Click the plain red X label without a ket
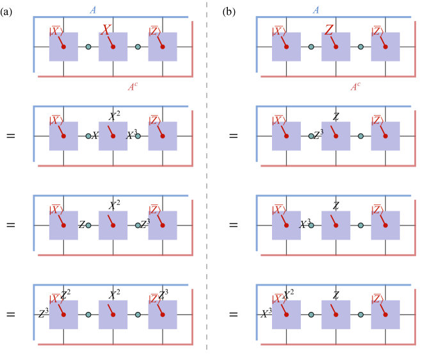pyautogui.click(x=106, y=29)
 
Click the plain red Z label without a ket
pyautogui.click(x=329, y=29)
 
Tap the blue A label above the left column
pyautogui.click(x=93, y=10)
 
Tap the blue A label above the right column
pyautogui.click(x=316, y=10)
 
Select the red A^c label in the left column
pyautogui.click(x=132, y=86)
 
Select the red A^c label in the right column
pyautogui.click(x=355, y=86)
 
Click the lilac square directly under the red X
pyautogui.click(x=113, y=47)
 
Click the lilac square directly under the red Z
pyautogui.click(x=336, y=47)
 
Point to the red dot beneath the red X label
pyautogui.click(x=113, y=47)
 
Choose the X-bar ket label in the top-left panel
pyautogui.click(x=56, y=31)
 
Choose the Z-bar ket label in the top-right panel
pyautogui.click(x=378, y=31)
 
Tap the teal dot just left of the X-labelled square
pyautogui.click(x=88, y=47)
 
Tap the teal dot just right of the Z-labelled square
pyautogui.click(x=361, y=47)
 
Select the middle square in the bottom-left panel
pyautogui.click(x=113, y=315)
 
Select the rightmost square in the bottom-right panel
pyautogui.click(x=385, y=315)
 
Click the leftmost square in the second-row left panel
pyautogui.click(x=63, y=136)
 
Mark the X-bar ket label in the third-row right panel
pyautogui.click(x=278, y=209)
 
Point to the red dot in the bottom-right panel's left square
pyautogui.click(x=286, y=315)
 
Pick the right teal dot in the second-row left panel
pyautogui.click(x=138, y=136)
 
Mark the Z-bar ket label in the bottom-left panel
pyautogui.click(x=155, y=299)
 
